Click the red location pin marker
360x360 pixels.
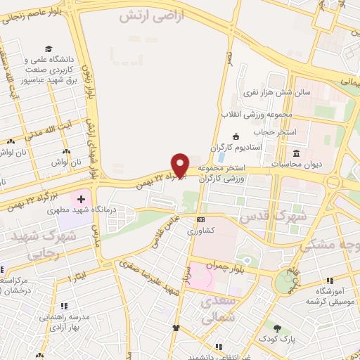click(181, 165)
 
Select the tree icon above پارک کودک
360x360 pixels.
click(278, 328)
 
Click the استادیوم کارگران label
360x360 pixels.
click(261, 148)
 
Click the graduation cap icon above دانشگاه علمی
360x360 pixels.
click(49, 49)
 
